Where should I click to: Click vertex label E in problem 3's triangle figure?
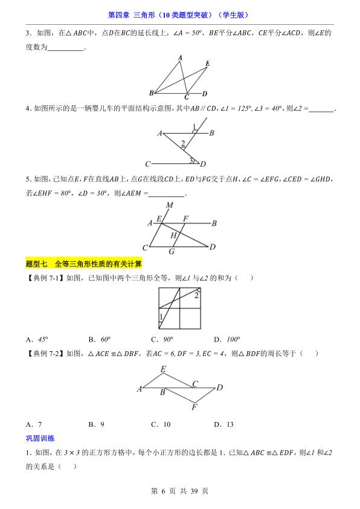pos(207,63)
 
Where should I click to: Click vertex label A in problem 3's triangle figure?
pos(180,57)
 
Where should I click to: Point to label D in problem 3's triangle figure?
pos(205,94)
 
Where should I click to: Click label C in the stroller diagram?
pos(147,164)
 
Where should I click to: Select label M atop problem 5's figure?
pos(170,205)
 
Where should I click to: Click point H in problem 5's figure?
pos(173,235)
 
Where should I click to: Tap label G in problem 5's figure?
pos(172,251)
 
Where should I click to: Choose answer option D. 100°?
pos(227,339)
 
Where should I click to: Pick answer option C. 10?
pos(161,424)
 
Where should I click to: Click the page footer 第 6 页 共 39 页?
pos(180,491)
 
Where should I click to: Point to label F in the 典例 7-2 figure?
pos(194,407)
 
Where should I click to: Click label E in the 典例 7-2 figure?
pos(163,369)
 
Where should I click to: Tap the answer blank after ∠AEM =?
pos(166,193)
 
